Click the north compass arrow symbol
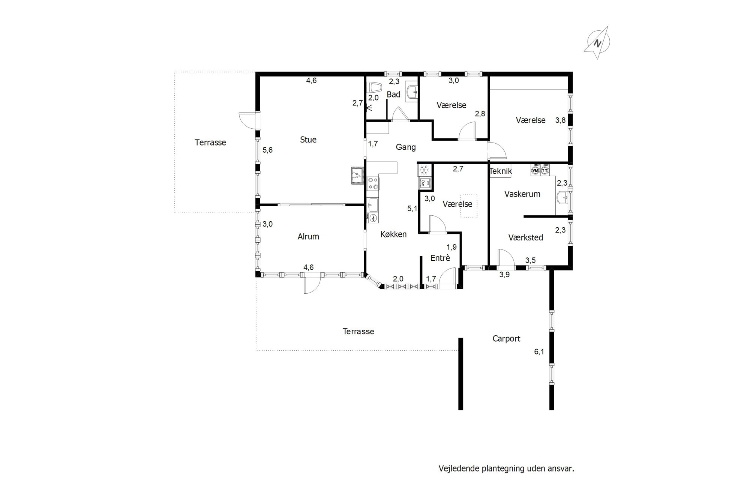pyautogui.click(x=597, y=42)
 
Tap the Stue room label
pyautogui.click(x=308, y=140)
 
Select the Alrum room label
pyautogui.click(x=308, y=236)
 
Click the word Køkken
pyautogui.click(x=393, y=234)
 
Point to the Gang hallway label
pyautogui.click(x=406, y=147)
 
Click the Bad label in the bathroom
pyautogui.click(x=393, y=95)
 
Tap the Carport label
pyautogui.click(x=506, y=339)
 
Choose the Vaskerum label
pyautogui.click(x=522, y=194)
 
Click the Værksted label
pyautogui.click(x=526, y=237)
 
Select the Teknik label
pyautogui.click(x=501, y=171)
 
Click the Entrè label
pyautogui.click(x=440, y=258)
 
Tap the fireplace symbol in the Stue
pyautogui.click(x=94, y=175)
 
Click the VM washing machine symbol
pyautogui.click(x=535, y=170)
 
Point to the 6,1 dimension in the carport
pyautogui.click(x=539, y=352)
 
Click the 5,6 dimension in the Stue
pyautogui.click(x=267, y=150)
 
